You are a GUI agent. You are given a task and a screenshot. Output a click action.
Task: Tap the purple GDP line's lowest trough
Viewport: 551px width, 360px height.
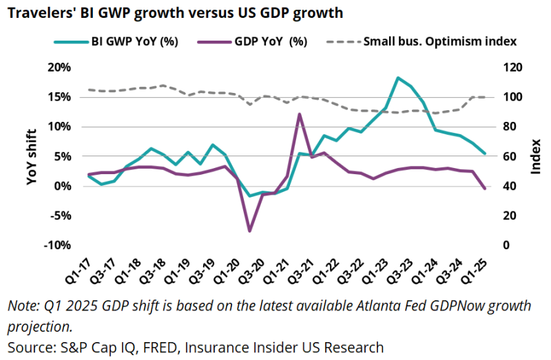point(249,231)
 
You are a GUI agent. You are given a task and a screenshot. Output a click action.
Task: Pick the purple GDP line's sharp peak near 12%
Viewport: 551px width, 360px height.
point(300,114)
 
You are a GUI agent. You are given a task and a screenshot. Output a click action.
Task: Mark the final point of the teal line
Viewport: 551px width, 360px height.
point(484,153)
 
